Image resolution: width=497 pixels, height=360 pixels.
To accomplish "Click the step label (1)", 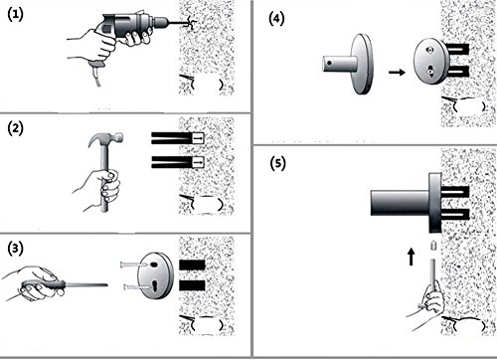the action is tap(15, 15).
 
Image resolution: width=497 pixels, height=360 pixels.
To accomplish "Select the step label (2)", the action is tap(15, 128).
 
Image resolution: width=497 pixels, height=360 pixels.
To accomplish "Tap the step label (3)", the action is tap(15, 249).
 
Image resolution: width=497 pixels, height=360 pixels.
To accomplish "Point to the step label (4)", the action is tap(276, 19).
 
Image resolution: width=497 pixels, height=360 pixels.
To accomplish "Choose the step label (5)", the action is tap(277, 163).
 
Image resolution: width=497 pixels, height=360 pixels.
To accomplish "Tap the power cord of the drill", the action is tap(97, 75).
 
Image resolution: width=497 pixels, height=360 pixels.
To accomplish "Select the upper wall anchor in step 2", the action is tap(178, 138).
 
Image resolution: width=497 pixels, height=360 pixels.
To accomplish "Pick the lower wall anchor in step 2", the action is tap(178, 162).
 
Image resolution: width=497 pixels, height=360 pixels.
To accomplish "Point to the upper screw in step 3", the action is tap(133, 265).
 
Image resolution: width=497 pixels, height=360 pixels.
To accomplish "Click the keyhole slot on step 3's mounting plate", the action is tap(155, 287).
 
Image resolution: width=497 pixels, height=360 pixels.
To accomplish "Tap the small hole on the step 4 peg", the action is tap(329, 63).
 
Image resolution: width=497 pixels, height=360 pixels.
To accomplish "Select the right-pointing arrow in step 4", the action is tap(397, 72).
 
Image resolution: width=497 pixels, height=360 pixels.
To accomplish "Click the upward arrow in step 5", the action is tap(411, 257).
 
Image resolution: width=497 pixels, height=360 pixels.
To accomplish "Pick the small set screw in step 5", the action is tap(433, 246).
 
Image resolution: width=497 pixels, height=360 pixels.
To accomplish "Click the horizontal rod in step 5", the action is tap(400, 203).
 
